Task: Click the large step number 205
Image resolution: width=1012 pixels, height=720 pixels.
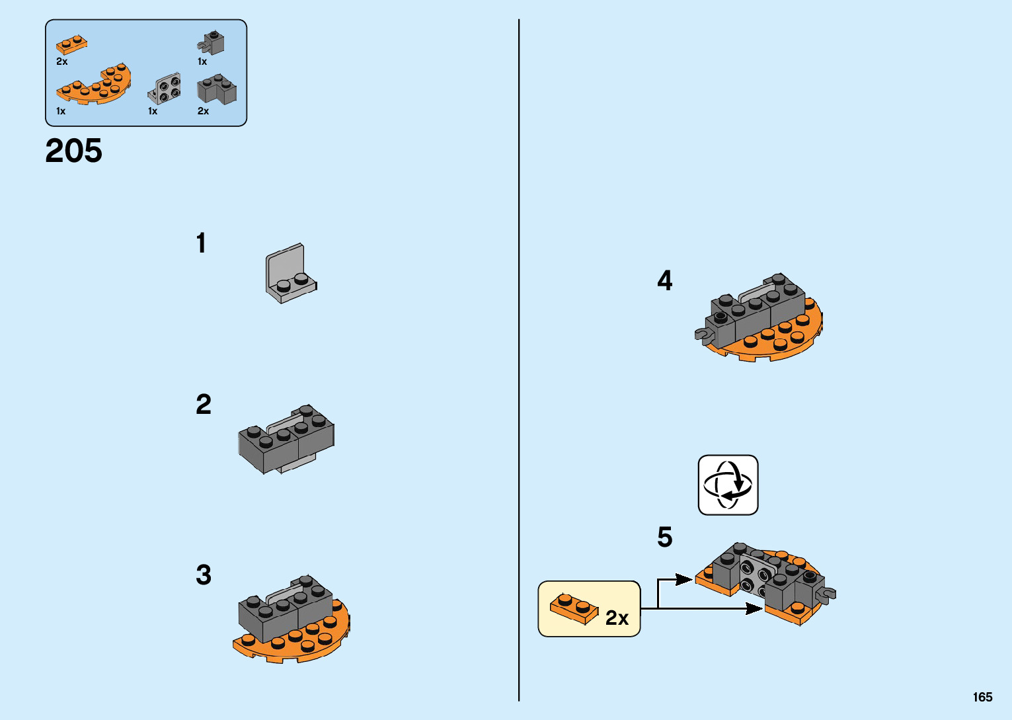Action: tap(73, 151)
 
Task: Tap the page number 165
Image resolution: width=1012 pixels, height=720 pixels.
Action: tap(982, 697)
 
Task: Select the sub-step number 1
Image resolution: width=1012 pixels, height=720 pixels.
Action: tap(201, 243)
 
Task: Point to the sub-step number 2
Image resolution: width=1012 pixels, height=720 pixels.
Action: tap(203, 405)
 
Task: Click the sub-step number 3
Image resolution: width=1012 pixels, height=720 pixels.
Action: tap(203, 575)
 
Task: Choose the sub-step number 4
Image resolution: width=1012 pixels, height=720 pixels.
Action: tap(664, 281)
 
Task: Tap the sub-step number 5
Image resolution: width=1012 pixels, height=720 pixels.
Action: tap(664, 537)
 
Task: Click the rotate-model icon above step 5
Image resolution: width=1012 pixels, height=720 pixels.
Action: tap(728, 485)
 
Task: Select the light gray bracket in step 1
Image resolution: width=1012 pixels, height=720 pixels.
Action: tap(290, 273)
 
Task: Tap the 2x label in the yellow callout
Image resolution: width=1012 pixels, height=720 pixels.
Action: tap(617, 618)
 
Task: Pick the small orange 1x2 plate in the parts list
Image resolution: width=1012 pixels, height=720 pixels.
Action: tap(71, 44)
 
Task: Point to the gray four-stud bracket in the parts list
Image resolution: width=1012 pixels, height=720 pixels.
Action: tap(164, 89)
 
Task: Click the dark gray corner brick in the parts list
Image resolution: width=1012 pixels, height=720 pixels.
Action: tap(216, 90)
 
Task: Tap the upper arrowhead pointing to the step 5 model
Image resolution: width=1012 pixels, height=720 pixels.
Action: tap(685, 580)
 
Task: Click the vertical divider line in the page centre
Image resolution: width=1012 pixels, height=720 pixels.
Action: tap(519, 360)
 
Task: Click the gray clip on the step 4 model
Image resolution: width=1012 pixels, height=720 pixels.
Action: tap(703, 335)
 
